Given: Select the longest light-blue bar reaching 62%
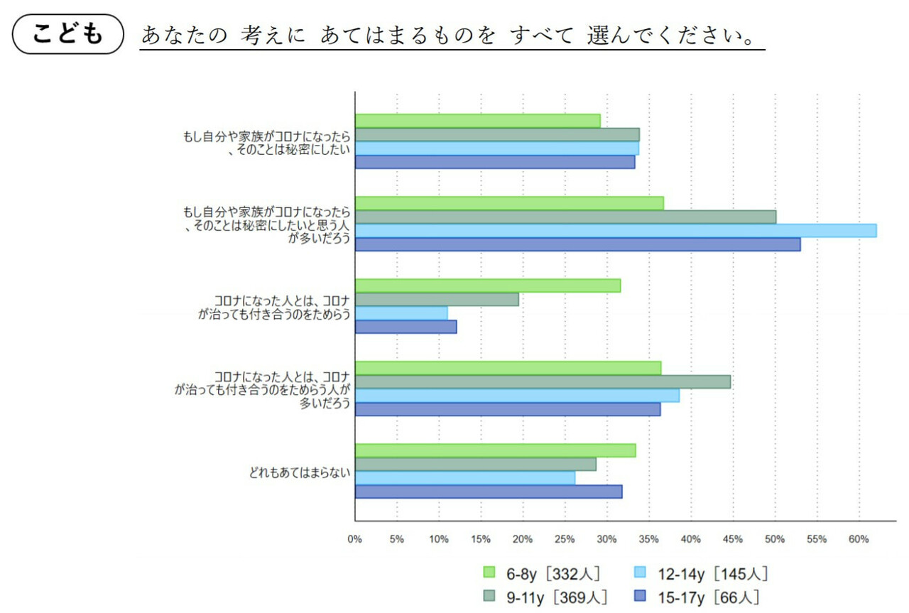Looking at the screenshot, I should point(615,230).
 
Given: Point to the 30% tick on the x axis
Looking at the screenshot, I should point(607,539).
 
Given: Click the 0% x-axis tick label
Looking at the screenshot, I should point(355,539).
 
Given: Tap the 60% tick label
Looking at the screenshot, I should point(859,539).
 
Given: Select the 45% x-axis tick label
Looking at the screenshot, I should point(733,539).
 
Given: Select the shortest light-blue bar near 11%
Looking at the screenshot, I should point(401,313).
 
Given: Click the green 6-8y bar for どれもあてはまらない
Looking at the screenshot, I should point(495,450).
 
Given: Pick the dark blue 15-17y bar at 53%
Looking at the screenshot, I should point(577,244).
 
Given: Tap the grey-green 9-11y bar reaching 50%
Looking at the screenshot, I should point(565,217).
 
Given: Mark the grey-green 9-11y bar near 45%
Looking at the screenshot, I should point(543,381).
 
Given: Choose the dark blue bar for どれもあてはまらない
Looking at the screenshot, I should point(489,492).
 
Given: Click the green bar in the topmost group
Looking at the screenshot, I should point(477,121).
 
